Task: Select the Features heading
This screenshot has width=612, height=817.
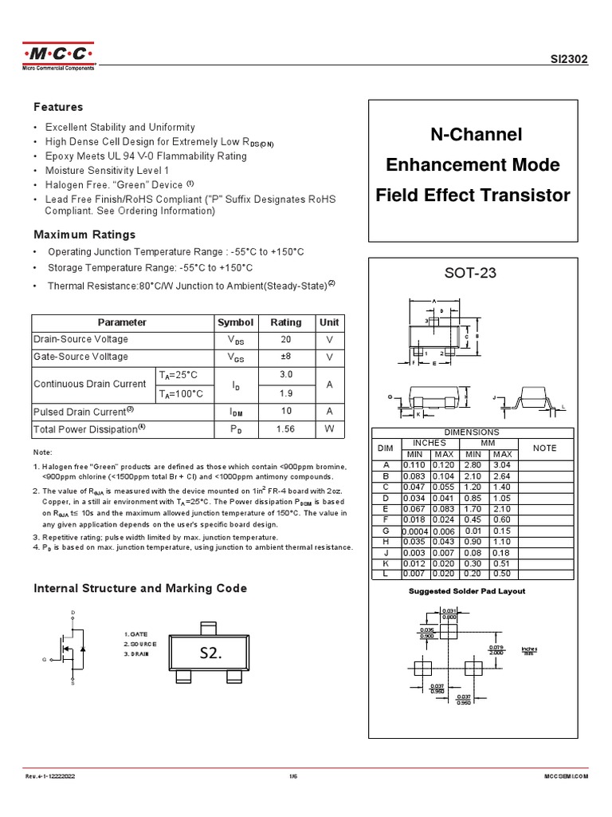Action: tap(57, 107)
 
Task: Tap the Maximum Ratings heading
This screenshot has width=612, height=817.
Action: tap(84, 235)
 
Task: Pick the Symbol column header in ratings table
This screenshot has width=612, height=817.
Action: tap(235, 322)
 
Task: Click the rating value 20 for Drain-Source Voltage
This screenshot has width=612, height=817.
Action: tap(286, 339)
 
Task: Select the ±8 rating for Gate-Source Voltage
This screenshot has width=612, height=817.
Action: tap(286, 357)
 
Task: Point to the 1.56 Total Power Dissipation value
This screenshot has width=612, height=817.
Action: tap(286, 429)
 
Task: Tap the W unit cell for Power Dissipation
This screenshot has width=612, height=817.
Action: tap(329, 429)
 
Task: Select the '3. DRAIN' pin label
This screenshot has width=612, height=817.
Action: tap(137, 653)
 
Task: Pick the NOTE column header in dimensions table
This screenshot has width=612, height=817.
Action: tap(544, 448)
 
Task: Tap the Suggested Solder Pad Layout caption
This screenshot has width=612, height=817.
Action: tap(467, 591)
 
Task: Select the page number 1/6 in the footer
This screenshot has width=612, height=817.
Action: tap(305, 776)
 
